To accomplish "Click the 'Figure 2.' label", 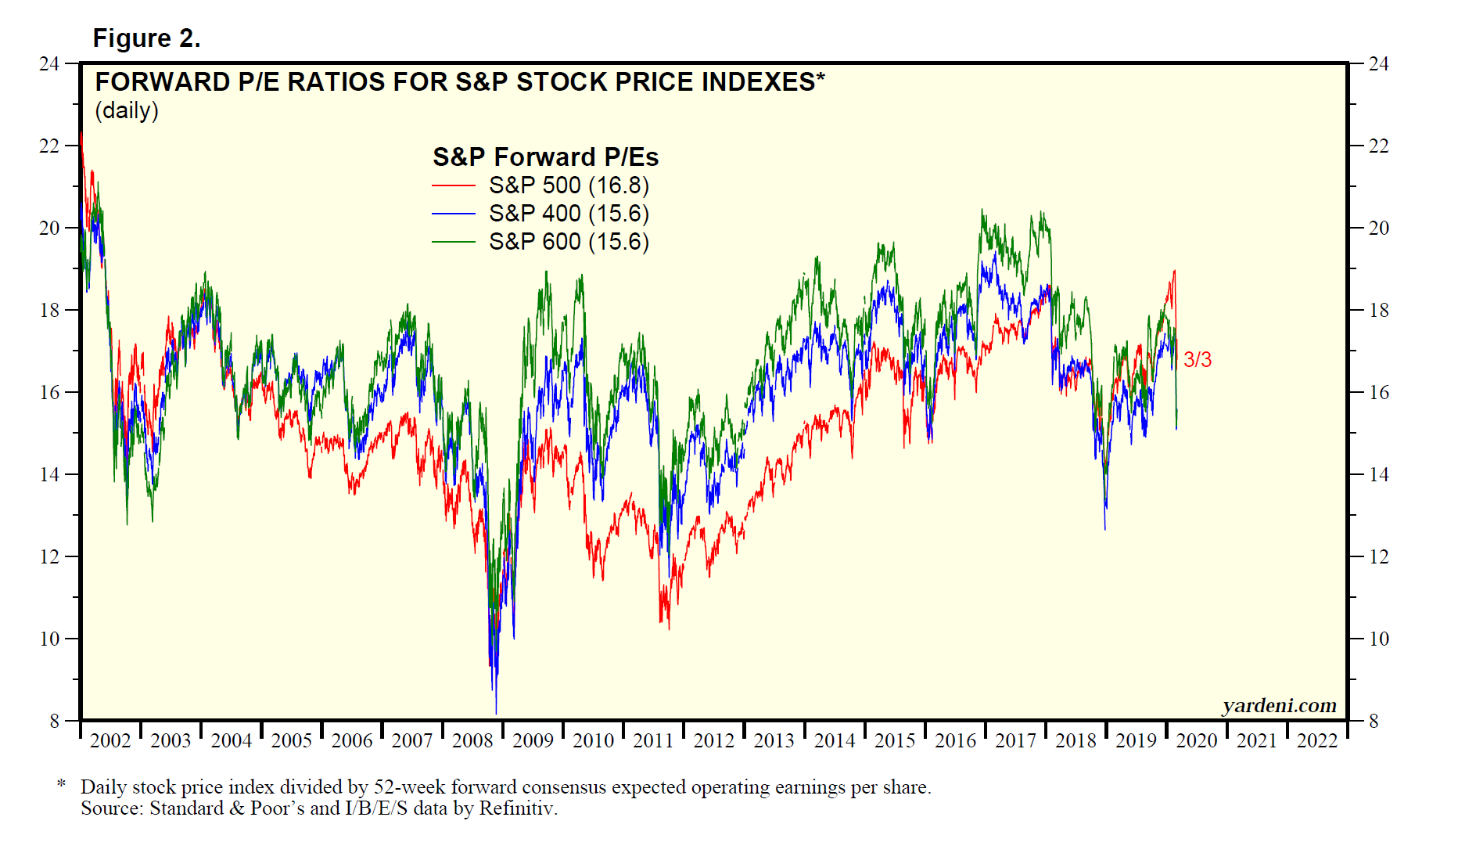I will (x=146, y=38).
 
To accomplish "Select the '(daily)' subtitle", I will (x=127, y=110).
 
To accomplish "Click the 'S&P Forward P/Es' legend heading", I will (x=545, y=157).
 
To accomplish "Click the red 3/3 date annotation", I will (x=1197, y=359).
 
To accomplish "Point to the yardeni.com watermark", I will (x=1279, y=706).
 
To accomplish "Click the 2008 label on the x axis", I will (x=472, y=740).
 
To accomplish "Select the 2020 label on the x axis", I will (x=1197, y=740).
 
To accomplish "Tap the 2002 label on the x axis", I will (x=110, y=740).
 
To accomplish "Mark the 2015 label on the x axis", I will (x=895, y=740).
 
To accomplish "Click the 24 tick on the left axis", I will (x=49, y=63).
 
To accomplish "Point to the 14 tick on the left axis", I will (x=49, y=474).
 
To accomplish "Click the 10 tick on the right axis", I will (x=1378, y=639).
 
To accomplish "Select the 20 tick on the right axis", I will (x=1378, y=228).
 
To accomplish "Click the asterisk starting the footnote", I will (x=61, y=784).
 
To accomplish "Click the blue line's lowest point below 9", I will (x=496, y=713).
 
